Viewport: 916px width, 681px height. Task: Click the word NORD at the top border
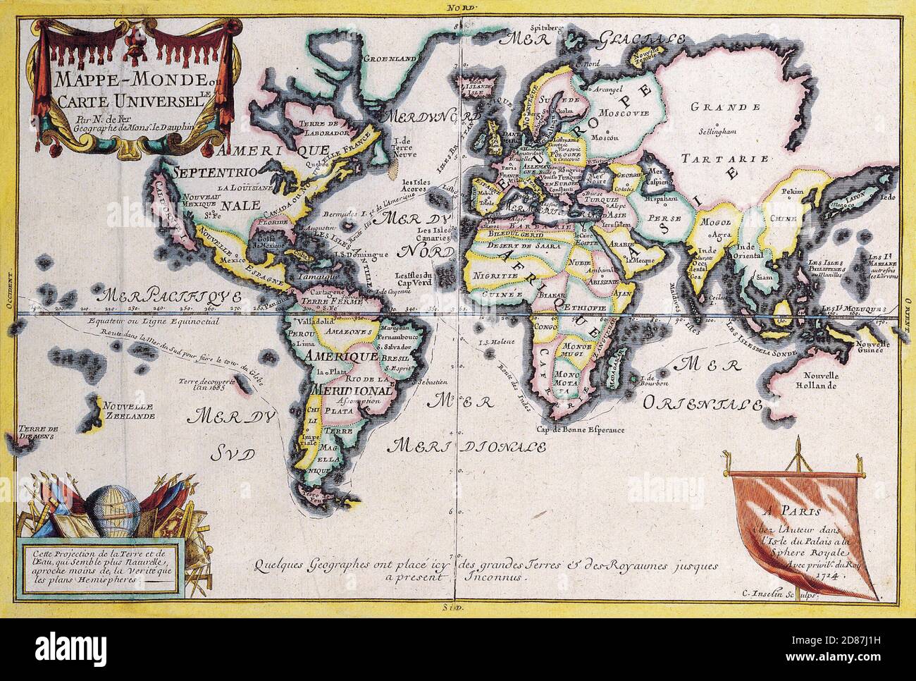click(458, 7)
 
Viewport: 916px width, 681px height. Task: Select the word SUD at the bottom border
click(458, 606)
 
